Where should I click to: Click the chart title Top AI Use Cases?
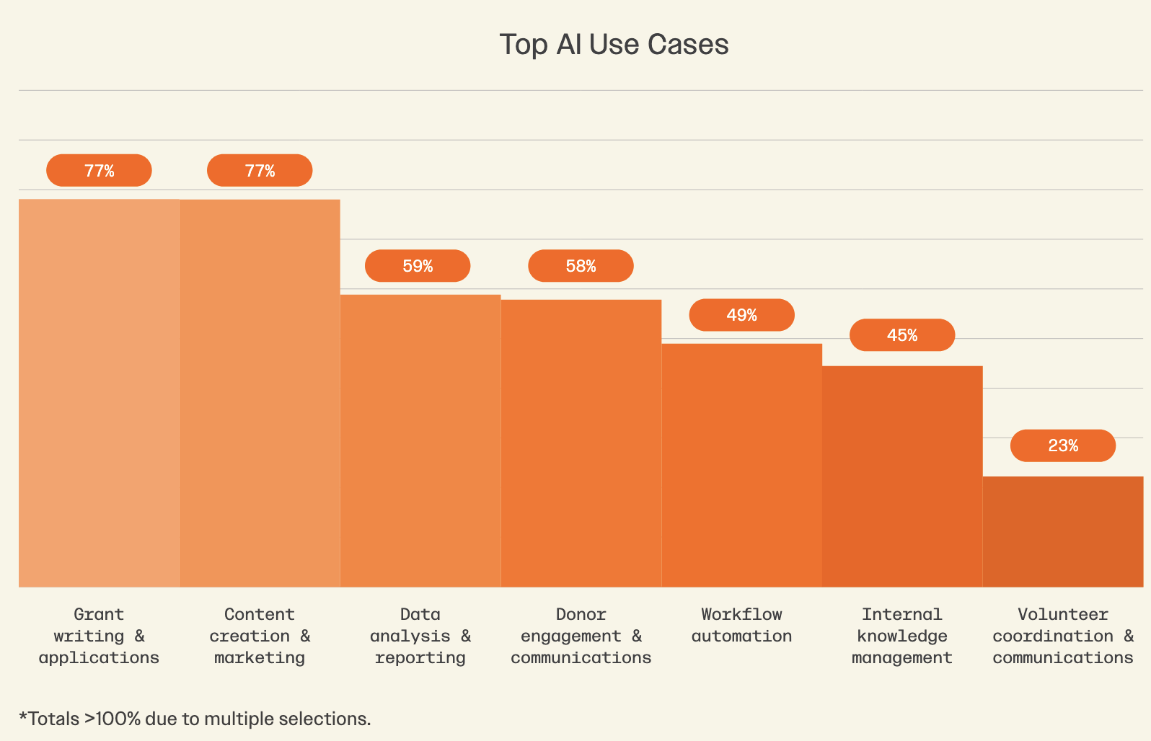[614, 45]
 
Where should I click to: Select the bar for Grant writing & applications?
[99, 393]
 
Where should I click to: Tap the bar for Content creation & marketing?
[260, 393]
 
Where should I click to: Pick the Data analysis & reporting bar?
[420, 440]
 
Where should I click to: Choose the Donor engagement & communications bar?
[581, 443]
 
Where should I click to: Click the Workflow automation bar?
[741, 465]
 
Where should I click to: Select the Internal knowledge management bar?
[902, 476]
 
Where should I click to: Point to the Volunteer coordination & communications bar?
[1063, 531]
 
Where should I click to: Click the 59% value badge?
[418, 266]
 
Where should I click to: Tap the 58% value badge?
[581, 266]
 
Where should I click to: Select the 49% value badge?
[741, 315]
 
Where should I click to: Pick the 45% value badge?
[902, 335]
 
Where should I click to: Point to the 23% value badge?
[1063, 445]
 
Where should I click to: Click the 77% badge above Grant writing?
[99, 171]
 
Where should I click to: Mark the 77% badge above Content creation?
[260, 171]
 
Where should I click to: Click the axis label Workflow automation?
[741, 625]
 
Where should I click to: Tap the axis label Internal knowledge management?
[902, 636]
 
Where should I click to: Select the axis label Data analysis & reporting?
[420, 636]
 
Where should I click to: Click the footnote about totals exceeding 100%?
[195, 719]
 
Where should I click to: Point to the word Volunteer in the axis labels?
[1063, 614]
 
